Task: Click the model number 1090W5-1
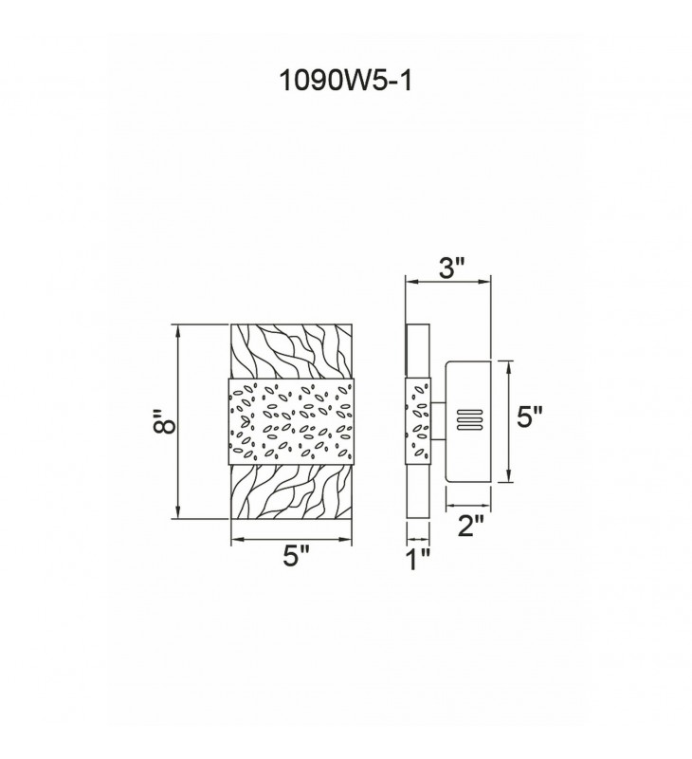(x=345, y=81)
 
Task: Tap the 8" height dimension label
(x=164, y=422)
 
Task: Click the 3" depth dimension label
(x=451, y=268)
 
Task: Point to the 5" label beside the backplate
(x=530, y=417)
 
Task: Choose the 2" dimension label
(x=470, y=526)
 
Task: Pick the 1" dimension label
(x=418, y=560)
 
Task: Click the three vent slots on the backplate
(x=469, y=420)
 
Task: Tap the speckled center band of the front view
(x=291, y=420)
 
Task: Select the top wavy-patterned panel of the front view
(x=291, y=351)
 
